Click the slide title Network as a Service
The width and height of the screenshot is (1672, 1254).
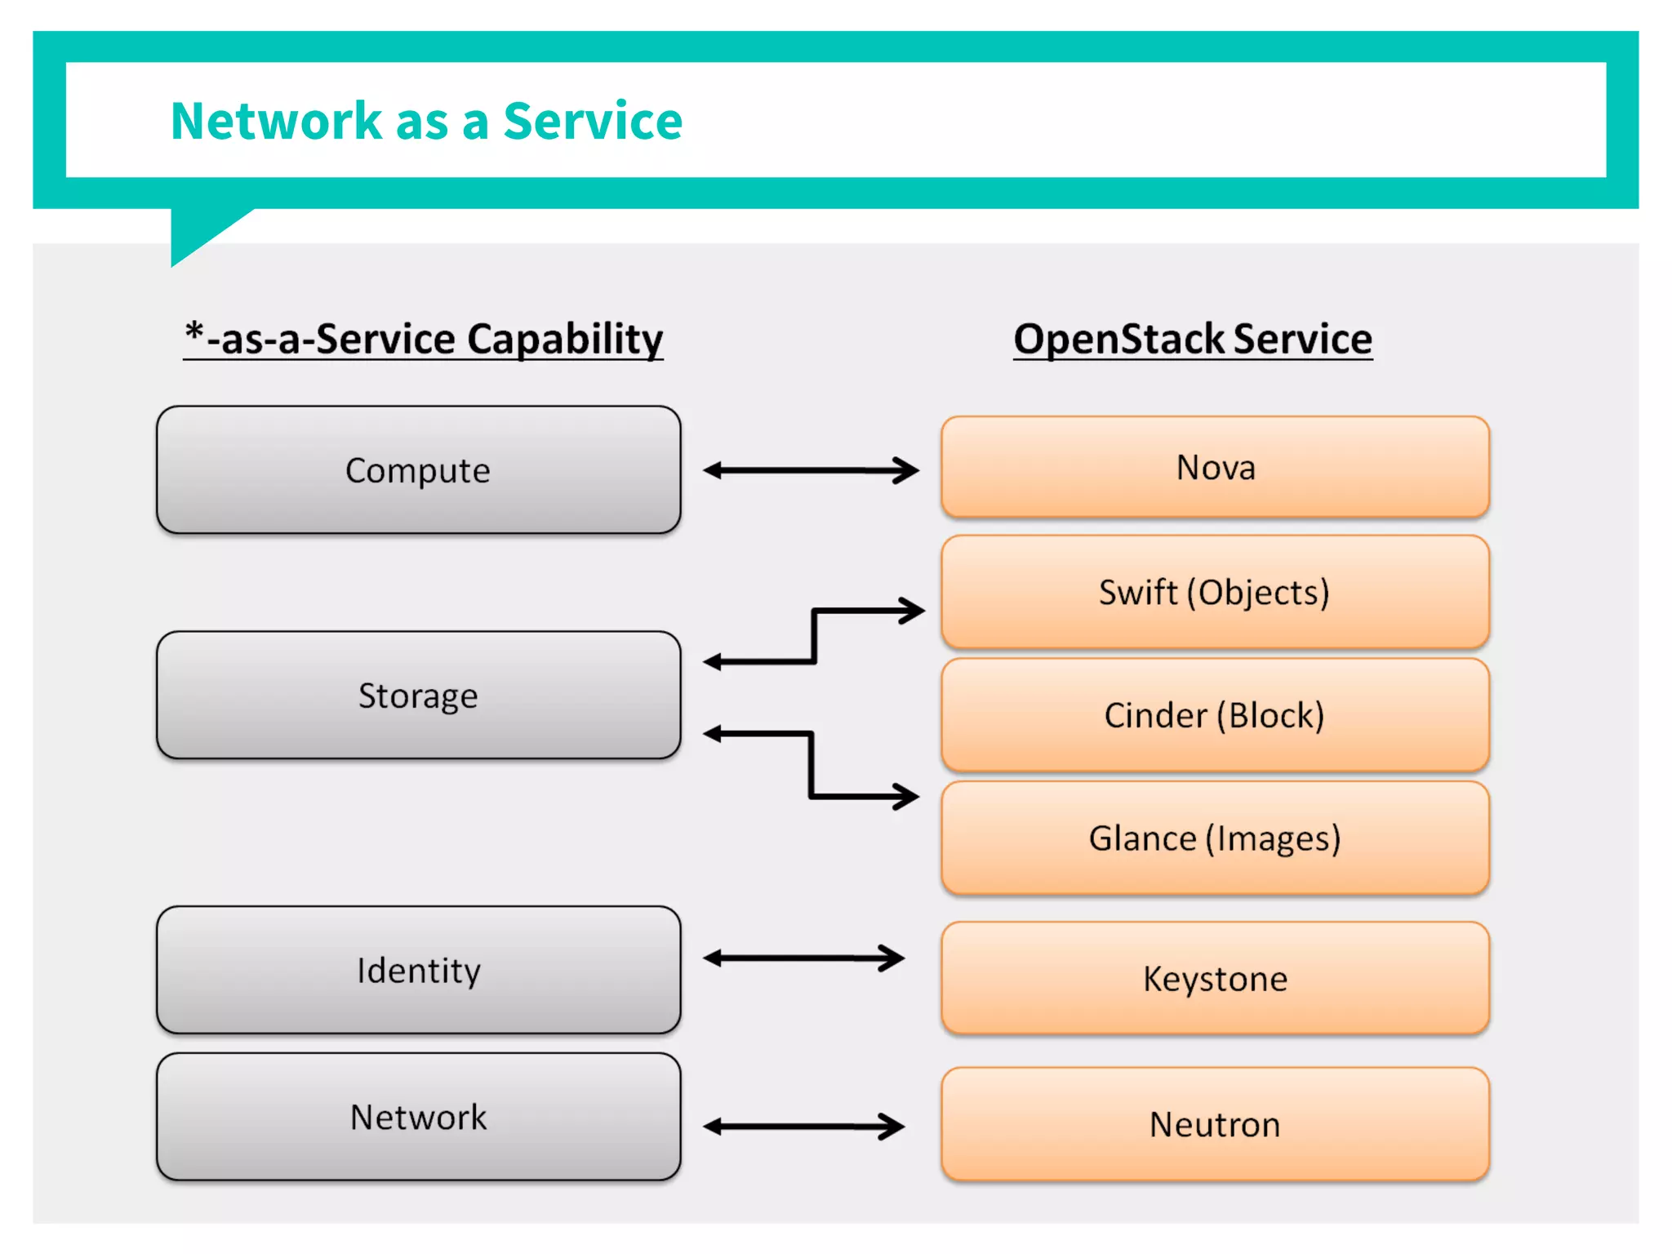coord(426,121)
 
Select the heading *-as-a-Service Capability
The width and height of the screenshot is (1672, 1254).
coord(423,339)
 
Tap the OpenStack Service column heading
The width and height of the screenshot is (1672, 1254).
coord(1193,339)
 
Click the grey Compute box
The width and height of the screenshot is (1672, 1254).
coord(418,470)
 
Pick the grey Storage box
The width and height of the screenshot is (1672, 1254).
coord(418,696)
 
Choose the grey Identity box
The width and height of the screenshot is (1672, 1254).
coord(418,970)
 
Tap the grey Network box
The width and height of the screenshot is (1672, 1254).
coord(418,1117)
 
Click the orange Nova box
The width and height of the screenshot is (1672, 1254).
coord(1215,467)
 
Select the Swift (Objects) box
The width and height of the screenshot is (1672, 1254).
coord(1215,592)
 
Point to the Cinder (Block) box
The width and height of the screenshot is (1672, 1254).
coord(1215,715)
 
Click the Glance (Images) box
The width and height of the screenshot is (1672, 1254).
coord(1215,838)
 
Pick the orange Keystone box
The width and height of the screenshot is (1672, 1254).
coord(1215,978)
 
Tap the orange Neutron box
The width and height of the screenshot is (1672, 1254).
coord(1215,1124)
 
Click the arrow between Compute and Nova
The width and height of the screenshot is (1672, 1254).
coord(810,470)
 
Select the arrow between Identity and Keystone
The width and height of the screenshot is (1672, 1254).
coord(803,958)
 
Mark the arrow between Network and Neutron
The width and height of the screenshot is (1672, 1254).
coord(803,1127)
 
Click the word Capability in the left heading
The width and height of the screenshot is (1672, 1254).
coord(565,339)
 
